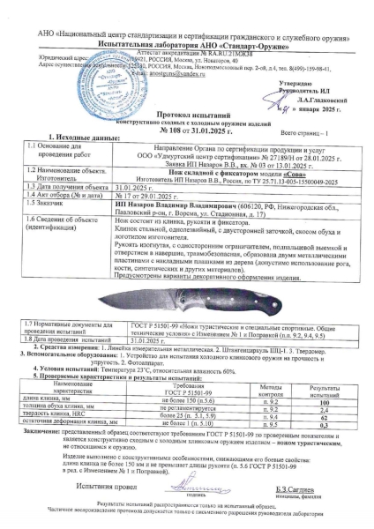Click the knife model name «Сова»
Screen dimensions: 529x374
[x=233, y=175]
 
